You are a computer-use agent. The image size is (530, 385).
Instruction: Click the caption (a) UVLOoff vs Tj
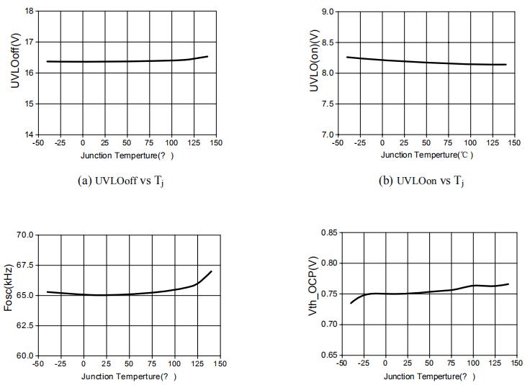[127, 181]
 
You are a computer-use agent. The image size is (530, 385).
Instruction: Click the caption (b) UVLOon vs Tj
[421, 181]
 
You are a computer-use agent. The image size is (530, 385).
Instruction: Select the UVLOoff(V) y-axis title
[15, 63]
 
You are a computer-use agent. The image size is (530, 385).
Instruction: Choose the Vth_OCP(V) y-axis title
[313, 295]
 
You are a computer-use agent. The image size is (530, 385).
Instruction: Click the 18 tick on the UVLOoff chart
[29, 12]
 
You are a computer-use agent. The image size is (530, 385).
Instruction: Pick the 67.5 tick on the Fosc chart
[25, 265]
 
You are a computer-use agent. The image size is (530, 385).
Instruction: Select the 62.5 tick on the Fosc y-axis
[25, 325]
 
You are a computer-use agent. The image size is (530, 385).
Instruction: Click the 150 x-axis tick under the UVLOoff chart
[216, 143]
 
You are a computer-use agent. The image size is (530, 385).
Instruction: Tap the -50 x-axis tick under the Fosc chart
[37, 364]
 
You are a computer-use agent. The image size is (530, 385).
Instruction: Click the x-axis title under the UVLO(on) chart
[426, 155]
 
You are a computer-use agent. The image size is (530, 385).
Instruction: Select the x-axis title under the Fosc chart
[128, 376]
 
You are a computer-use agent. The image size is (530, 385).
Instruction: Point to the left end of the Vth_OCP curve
[351, 302]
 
